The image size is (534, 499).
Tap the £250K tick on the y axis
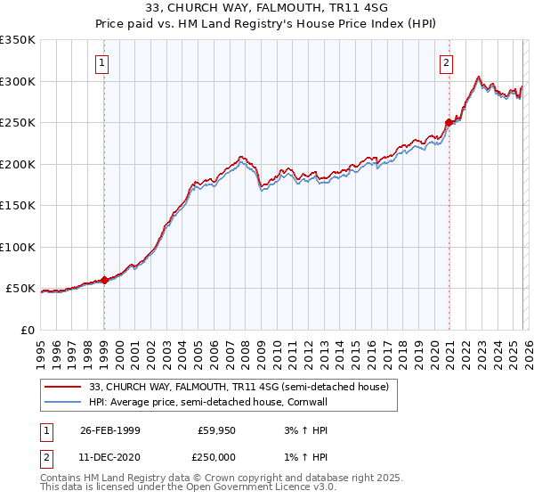pyautogui.click(x=18, y=123)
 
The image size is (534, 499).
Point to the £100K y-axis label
pyautogui.click(x=18, y=248)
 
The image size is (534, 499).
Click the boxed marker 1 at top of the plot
pyautogui.click(x=104, y=63)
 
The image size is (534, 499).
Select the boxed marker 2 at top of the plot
pyautogui.click(x=446, y=63)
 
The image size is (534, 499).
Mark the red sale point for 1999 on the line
pyautogui.click(x=104, y=280)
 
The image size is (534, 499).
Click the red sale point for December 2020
pyautogui.click(x=449, y=123)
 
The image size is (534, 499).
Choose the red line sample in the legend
pyautogui.click(x=63, y=388)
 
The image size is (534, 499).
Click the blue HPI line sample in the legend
pyautogui.click(x=63, y=402)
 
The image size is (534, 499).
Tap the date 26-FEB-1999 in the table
pyautogui.click(x=109, y=430)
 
